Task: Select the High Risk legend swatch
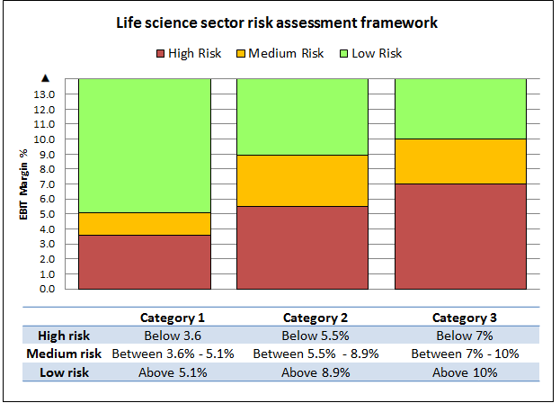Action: (163, 53)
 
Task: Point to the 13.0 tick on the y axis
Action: (44, 94)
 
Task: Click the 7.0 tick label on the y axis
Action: (44, 184)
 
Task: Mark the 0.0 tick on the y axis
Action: (44, 289)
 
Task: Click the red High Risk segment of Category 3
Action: (460, 237)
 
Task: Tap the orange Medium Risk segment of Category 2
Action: (302, 180)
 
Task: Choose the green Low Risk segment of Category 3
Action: (460, 108)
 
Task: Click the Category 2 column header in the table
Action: (315, 318)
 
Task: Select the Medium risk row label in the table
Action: (63, 354)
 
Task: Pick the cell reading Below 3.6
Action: (173, 336)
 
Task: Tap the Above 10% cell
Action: (464, 372)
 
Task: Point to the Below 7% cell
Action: (464, 336)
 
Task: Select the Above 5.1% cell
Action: (173, 372)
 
